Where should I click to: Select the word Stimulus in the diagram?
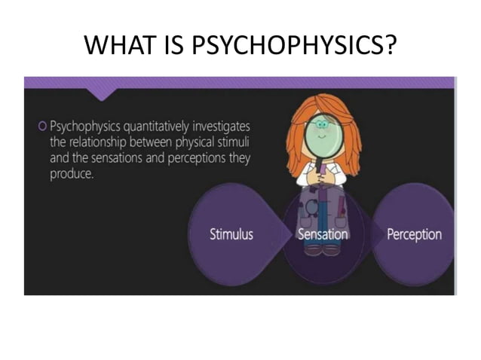tap(231, 234)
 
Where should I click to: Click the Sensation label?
tap(323, 234)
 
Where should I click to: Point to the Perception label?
tap(414, 234)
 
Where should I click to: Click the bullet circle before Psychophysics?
tap(43, 126)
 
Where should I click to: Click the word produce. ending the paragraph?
tap(71, 175)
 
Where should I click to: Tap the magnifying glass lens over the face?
tap(323, 130)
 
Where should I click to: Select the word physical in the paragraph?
tap(192, 143)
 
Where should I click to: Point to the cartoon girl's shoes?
tap(323, 249)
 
